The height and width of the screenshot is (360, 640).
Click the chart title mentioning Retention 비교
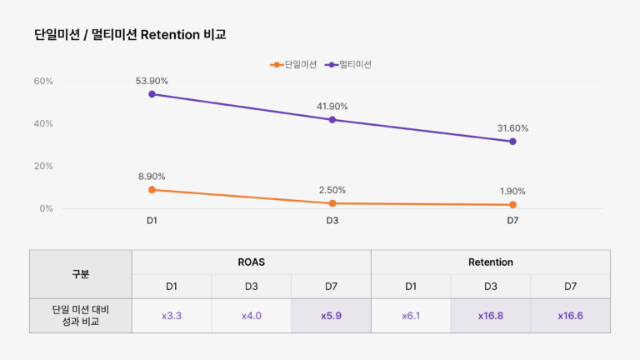pos(130,35)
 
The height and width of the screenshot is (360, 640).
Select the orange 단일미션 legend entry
pos(293,64)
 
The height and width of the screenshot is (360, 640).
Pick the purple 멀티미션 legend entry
pos(349,64)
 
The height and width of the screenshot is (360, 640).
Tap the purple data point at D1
pos(152,94)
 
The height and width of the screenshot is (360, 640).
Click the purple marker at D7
pos(512,142)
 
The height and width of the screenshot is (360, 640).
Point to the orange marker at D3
pos(332,203)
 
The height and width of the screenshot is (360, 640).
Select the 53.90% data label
pos(152,81)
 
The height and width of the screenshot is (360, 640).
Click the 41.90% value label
pos(332,107)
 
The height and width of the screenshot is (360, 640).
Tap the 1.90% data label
pos(512,191)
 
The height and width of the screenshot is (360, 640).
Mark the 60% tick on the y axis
pos(43,81)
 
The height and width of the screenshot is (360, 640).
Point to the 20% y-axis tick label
pos(43,166)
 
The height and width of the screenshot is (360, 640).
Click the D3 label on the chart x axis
pos(332,221)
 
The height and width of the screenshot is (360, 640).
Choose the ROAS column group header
pos(251,262)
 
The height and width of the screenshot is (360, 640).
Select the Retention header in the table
pos(490,262)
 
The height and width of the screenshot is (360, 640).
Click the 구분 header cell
pos(81,273)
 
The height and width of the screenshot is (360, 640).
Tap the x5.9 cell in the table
pos(331,316)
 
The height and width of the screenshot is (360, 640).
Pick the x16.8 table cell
pos(490,316)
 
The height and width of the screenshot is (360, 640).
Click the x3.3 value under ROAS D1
pos(172,316)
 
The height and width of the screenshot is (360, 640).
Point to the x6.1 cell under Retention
pos(411,316)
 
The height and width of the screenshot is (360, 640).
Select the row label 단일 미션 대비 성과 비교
pos(81,316)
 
